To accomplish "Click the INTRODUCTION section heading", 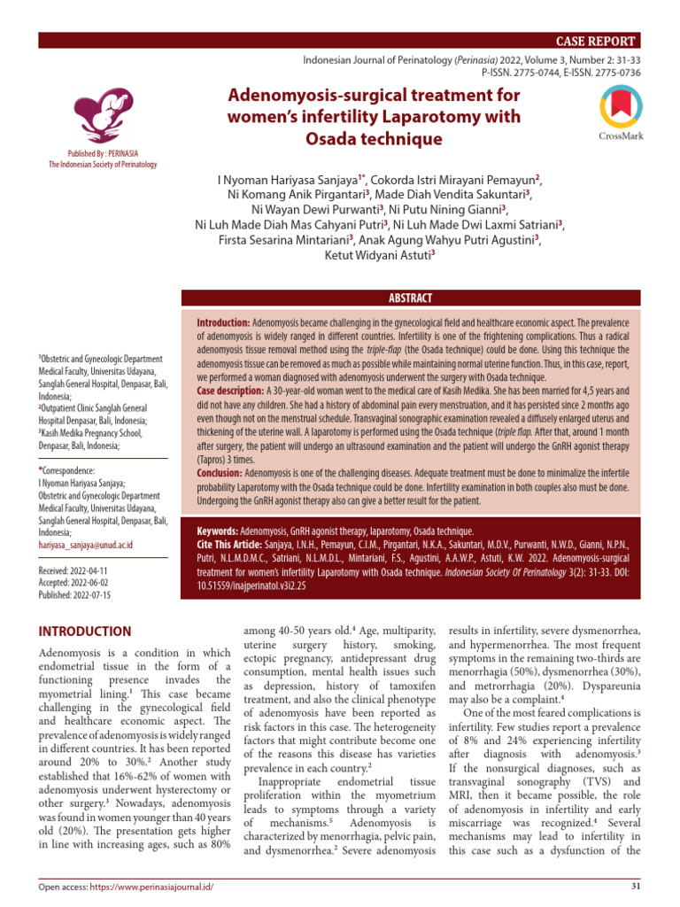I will tap(84, 632).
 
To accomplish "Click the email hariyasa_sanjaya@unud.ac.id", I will tap(85, 546).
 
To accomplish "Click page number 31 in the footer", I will tap(632, 887).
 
